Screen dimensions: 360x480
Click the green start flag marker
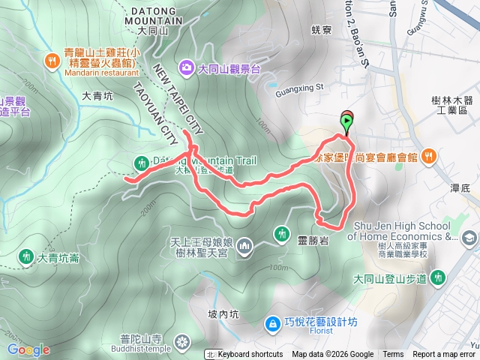pos(347,121)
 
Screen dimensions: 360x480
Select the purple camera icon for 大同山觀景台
pos(185,68)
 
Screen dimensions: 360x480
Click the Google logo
pos(28,349)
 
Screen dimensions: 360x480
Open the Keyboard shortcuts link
pos(250,355)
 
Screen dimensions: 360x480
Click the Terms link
pos(392,355)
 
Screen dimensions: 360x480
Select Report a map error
pos(443,355)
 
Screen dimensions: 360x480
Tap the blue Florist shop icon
pos(272,323)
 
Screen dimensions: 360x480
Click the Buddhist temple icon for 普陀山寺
pos(182,344)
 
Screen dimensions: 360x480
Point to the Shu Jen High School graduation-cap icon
pos(469,238)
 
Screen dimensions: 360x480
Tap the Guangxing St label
pos(298,87)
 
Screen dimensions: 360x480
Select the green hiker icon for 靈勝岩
pos(281,234)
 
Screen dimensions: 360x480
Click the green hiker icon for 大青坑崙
pos(26,257)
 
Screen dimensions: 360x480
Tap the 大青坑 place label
pos(97,95)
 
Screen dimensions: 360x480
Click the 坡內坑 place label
pos(222,314)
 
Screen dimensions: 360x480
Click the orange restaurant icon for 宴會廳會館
pos(428,157)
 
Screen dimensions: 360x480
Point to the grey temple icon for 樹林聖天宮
pos(248,245)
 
